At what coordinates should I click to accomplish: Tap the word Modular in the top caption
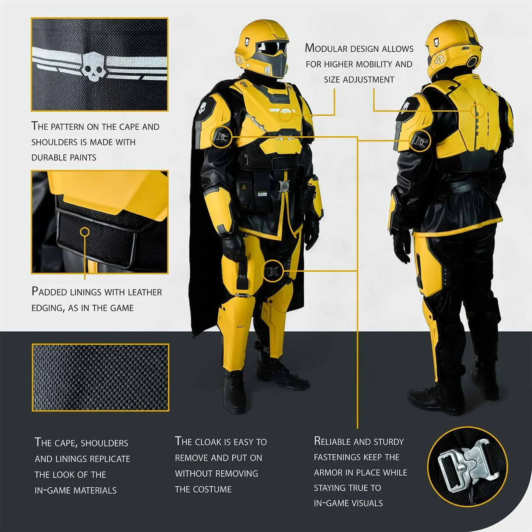pos(326,48)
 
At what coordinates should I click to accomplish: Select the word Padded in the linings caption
pos(49,292)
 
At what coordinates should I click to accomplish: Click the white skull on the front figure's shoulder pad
pos(203,106)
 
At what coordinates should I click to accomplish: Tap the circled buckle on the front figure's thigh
pos(273,271)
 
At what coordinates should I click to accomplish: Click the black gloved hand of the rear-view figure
pos(402,246)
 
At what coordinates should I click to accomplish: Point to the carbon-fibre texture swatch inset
pos(100,377)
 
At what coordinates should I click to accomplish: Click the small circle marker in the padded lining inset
pos(85,231)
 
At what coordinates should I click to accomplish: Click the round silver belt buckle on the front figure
pos(284,186)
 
